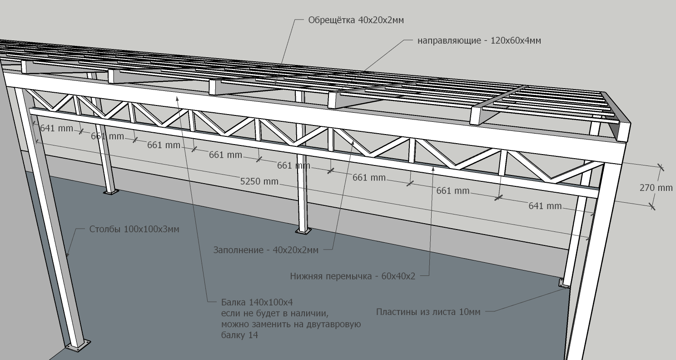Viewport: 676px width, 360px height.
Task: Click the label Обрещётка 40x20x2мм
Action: click(x=356, y=20)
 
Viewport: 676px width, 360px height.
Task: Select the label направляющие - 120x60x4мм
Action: click(x=479, y=40)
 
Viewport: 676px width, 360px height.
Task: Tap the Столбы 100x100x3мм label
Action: click(x=134, y=229)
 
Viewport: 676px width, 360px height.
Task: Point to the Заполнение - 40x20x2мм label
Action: click(x=266, y=250)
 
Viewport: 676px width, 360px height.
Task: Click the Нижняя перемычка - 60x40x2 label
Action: click(x=353, y=276)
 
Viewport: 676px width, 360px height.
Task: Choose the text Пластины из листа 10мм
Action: click(x=428, y=312)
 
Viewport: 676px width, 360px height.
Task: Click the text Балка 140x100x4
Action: click(x=257, y=302)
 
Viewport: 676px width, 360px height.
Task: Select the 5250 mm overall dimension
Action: click(x=259, y=181)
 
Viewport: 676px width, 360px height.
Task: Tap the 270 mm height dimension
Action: click(x=656, y=188)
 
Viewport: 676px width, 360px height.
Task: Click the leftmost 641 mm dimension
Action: click(x=56, y=128)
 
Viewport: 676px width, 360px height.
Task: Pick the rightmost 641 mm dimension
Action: click(x=545, y=206)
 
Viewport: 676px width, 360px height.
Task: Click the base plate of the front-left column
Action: click(x=78, y=345)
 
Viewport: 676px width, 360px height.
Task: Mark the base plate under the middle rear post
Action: click(x=303, y=231)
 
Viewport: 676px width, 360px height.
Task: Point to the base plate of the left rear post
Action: click(x=111, y=192)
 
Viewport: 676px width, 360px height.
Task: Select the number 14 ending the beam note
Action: click(x=253, y=335)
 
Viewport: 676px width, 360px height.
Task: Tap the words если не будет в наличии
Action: click(x=274, y=313)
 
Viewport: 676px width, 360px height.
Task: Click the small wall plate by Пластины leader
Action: click(x=562, y=283)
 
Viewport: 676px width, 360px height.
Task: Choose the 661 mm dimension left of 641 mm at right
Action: click(x=452, y=191)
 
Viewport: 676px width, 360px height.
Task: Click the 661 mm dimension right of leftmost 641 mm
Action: click(x=107, y=136)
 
